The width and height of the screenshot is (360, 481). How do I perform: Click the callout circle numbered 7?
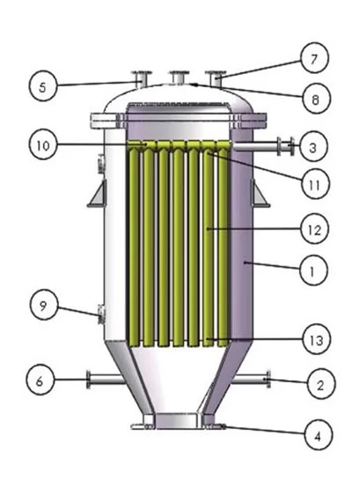point(314,58)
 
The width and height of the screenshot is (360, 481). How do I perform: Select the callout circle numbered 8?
point(316,99)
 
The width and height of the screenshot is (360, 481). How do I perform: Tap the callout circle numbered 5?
point(43,87)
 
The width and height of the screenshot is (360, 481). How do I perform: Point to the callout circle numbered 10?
point(43,145)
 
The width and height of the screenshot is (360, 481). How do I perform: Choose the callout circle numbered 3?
point(313,147)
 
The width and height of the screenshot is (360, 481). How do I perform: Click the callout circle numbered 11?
point(315,184)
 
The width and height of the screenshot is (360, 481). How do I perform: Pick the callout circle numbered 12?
point(314,229)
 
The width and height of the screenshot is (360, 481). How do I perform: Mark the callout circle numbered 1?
point(313,270)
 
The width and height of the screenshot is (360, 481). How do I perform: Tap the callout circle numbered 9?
point(44,305)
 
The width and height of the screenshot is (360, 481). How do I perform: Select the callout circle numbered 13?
point(317,339)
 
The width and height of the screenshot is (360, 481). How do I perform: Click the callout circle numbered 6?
point(40,381)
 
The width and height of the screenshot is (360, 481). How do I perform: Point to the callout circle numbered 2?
point(320,384)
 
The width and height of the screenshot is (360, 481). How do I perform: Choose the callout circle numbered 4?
point(319,435)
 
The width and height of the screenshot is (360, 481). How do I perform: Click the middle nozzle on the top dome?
point(179,77)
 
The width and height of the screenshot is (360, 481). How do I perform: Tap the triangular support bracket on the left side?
point(98,193)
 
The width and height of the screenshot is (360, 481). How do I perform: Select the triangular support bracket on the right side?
point(260,193)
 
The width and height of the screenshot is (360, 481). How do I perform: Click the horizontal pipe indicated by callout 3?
point(263,145)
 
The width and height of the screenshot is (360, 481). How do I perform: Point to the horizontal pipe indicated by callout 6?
point(106,380)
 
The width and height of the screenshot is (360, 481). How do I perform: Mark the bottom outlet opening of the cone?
point(179,421)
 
